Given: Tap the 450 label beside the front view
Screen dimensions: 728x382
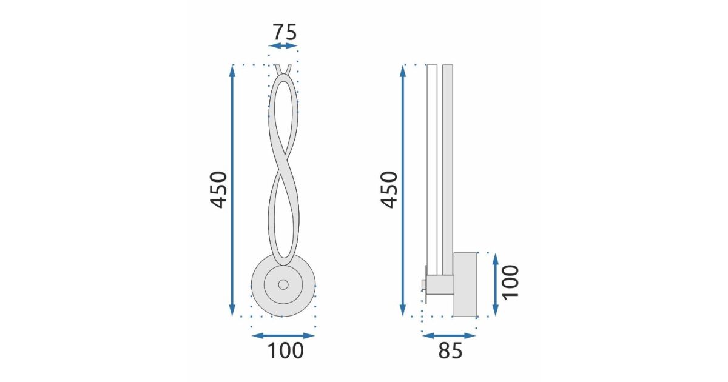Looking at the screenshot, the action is click(x=218, y=190).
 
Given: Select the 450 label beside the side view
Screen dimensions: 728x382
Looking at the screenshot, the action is click(x=389, y=190).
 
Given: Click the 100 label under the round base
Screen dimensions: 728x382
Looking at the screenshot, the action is click(x=285, y=350).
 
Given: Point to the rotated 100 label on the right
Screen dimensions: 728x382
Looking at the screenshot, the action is click(x=511, y=281).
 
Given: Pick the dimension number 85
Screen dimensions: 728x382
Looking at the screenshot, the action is click(x=450, y=350).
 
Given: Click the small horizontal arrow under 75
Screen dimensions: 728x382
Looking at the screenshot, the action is click(x=283, y=46).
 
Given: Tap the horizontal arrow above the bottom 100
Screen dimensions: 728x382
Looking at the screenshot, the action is click(x=283, y=336).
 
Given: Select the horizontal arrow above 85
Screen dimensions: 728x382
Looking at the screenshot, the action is click(x=449, y=336).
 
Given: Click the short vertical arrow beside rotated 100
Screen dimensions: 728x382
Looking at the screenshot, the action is click(x=495, y=284).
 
